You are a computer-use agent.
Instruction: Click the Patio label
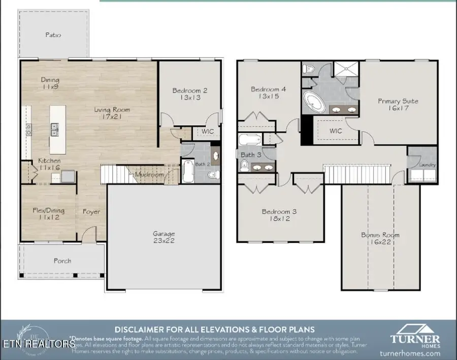pyautogui.click(x=53, y=35)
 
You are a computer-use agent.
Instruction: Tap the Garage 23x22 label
pyautogui.click(x=164, y=237)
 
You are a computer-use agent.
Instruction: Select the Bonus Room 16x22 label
pyautogui.click(x=380, y=239)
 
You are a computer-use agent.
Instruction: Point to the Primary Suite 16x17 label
pyautogui.click(x=398, y=105)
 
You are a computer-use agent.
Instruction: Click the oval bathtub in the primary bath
pyautogui.click(x=314, y=103)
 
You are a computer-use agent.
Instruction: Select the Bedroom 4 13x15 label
pyautogui.click(x=269, y=93)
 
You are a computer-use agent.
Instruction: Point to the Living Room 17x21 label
pyautogui.click(x=112, y=113)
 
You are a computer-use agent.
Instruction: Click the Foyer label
pyautogui.click(x=91, y=212)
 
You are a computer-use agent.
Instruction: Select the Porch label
pyautogui.click(x=62, y=261)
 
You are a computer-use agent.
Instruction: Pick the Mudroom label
pyautogui.click(x=149, y=175)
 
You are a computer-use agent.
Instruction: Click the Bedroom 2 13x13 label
pyautogui.click(x=189, y=94)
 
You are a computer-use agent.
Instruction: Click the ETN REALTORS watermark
pyautogui.click(x=38, y=344)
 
